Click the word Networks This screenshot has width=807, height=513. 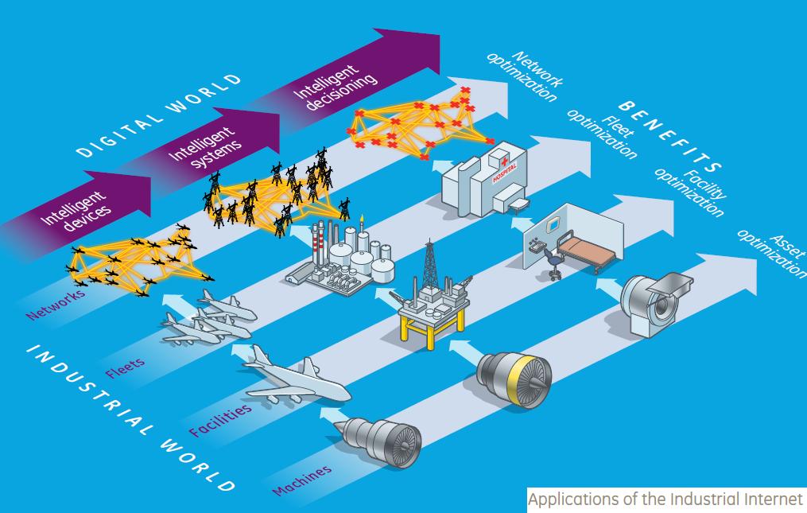[55, 303]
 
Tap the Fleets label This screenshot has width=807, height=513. [125, 367]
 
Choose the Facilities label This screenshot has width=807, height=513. [220, 420]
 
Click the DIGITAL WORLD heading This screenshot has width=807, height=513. [159, 115]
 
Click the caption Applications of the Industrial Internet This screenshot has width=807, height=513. [666, 501]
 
